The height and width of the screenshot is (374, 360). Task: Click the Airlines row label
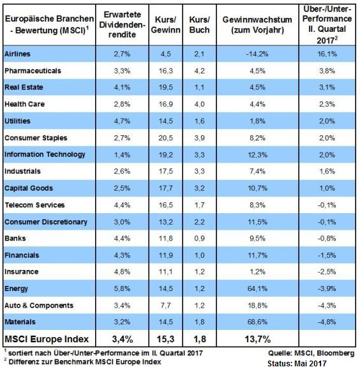[17, 54]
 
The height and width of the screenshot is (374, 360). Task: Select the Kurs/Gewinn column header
[165, 24]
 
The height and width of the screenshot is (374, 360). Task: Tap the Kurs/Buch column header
[199, 24]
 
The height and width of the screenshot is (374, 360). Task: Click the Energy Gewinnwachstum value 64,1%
[257, 288]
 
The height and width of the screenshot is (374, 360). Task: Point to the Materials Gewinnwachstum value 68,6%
[257, 322]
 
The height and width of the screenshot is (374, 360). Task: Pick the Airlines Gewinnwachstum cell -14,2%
[257, 54]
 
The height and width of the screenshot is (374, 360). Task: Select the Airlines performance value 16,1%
[327, 54]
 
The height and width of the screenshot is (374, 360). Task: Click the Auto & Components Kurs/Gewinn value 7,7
[166, 305]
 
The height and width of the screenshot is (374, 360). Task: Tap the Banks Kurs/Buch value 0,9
[199, 238]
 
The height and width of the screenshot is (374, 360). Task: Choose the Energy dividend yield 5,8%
[122, 288]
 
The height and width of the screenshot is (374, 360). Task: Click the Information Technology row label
[45, 154]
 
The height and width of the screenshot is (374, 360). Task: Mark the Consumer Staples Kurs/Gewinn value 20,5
[166, 138]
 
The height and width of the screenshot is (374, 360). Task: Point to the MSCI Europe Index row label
[47, 339]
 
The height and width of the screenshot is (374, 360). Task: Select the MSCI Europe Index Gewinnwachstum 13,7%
[257, 339]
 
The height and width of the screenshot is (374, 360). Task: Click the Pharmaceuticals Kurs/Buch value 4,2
[199, 71]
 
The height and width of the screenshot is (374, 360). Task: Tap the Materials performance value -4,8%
[327, 322]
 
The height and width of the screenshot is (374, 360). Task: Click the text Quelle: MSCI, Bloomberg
[311, 353]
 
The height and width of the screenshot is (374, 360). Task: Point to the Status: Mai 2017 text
[297, 363]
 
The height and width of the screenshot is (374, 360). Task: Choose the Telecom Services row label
[35, 205]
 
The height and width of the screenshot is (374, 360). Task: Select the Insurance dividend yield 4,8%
[122, 272]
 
